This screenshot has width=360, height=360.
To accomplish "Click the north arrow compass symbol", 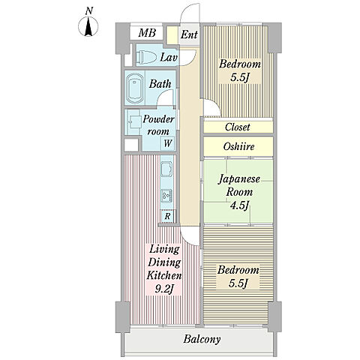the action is pyautogui.click(x=88, y=25).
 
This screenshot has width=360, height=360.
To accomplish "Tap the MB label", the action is pyautogui.click(x=147, y=33).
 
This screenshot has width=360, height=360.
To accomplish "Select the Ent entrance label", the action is pyautogui.click(x=189, y=34).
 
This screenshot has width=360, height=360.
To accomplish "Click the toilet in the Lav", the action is pyautogui.click(x=145, y=57).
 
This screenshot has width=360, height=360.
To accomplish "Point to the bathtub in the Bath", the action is pyautogui.click(x=134, y=88).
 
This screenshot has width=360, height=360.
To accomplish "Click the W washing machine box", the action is pyautogui.click(x=168, y=143).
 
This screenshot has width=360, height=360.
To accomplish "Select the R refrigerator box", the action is pyautogui.click(x=167, y=216).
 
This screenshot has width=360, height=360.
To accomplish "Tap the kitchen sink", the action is pyautogui.click(x=166, y=169).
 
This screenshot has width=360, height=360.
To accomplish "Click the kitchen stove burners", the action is pyautogui.click(x=166, y=196).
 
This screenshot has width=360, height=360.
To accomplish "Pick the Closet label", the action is pyautogui.click(x=237, y=127).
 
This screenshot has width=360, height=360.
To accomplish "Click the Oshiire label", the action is pyautogui.click(x=238, y=146).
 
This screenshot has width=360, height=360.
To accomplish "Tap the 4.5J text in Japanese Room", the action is pyautogui.click(x=239, y=205).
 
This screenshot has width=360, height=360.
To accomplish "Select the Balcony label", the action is pyautogui.click(x=202, y=340).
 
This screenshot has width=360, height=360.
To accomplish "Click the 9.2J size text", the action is pyautogui.click(x=164, y=289).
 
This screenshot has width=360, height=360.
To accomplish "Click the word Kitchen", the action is pyautogui.click(x=164, y=275).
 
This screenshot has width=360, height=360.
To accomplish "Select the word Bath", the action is pyautogui.click(x=160, y=84).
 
